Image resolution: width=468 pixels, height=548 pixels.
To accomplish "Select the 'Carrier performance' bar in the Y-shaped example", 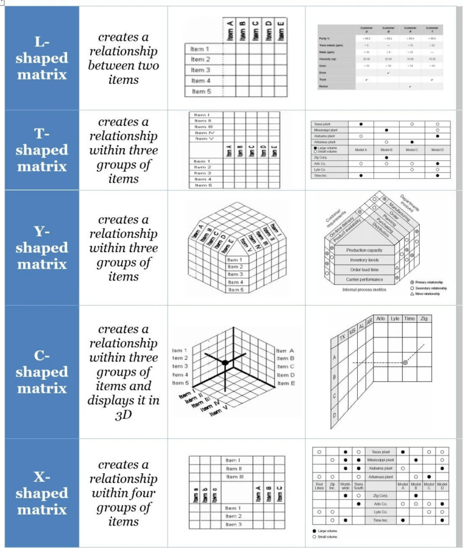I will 364,279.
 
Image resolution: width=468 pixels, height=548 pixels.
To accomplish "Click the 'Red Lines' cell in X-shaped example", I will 319,487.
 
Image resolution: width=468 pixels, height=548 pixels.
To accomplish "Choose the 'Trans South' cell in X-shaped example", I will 359,487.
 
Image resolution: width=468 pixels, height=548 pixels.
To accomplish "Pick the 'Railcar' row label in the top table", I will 325,86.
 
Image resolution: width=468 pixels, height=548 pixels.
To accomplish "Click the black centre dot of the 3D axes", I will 225,363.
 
